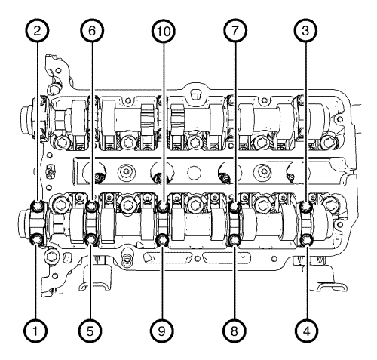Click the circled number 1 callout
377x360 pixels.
[x=35, y=331]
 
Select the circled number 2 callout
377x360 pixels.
[x=37, y=31]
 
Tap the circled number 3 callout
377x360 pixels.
[x=305, y=31]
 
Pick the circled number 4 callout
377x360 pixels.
[x=307, y=331]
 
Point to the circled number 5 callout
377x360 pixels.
[x=90, y=331]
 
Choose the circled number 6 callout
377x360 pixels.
[x=92, y=31]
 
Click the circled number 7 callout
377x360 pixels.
[x=235, y=31]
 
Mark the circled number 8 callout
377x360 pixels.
[x=234, y=331]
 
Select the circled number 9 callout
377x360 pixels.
[x=162, y=331]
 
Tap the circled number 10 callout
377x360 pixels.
[x=164, y=31]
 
